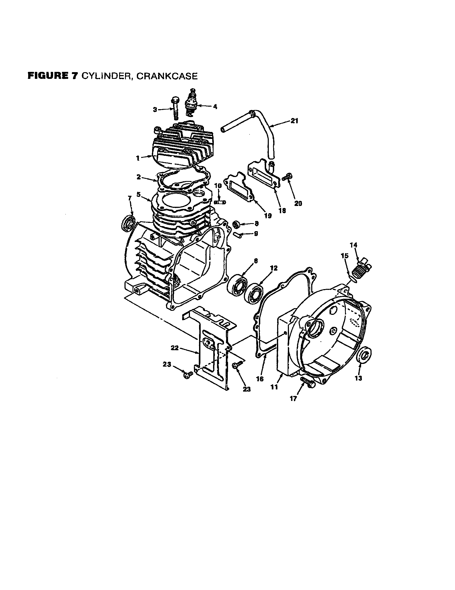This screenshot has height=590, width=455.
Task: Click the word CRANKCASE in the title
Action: [x=167, y=76]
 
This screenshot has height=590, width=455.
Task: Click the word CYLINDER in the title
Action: [x=107, y=76]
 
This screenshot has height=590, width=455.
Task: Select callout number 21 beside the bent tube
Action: [x=294, y=121]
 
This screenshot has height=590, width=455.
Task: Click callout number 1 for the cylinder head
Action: [x=138, y=158]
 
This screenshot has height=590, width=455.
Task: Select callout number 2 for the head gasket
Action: [x=138, y=177]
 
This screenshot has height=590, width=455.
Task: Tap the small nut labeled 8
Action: [x=237, y=224]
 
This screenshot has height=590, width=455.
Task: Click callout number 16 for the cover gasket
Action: [x=260, y=379]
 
